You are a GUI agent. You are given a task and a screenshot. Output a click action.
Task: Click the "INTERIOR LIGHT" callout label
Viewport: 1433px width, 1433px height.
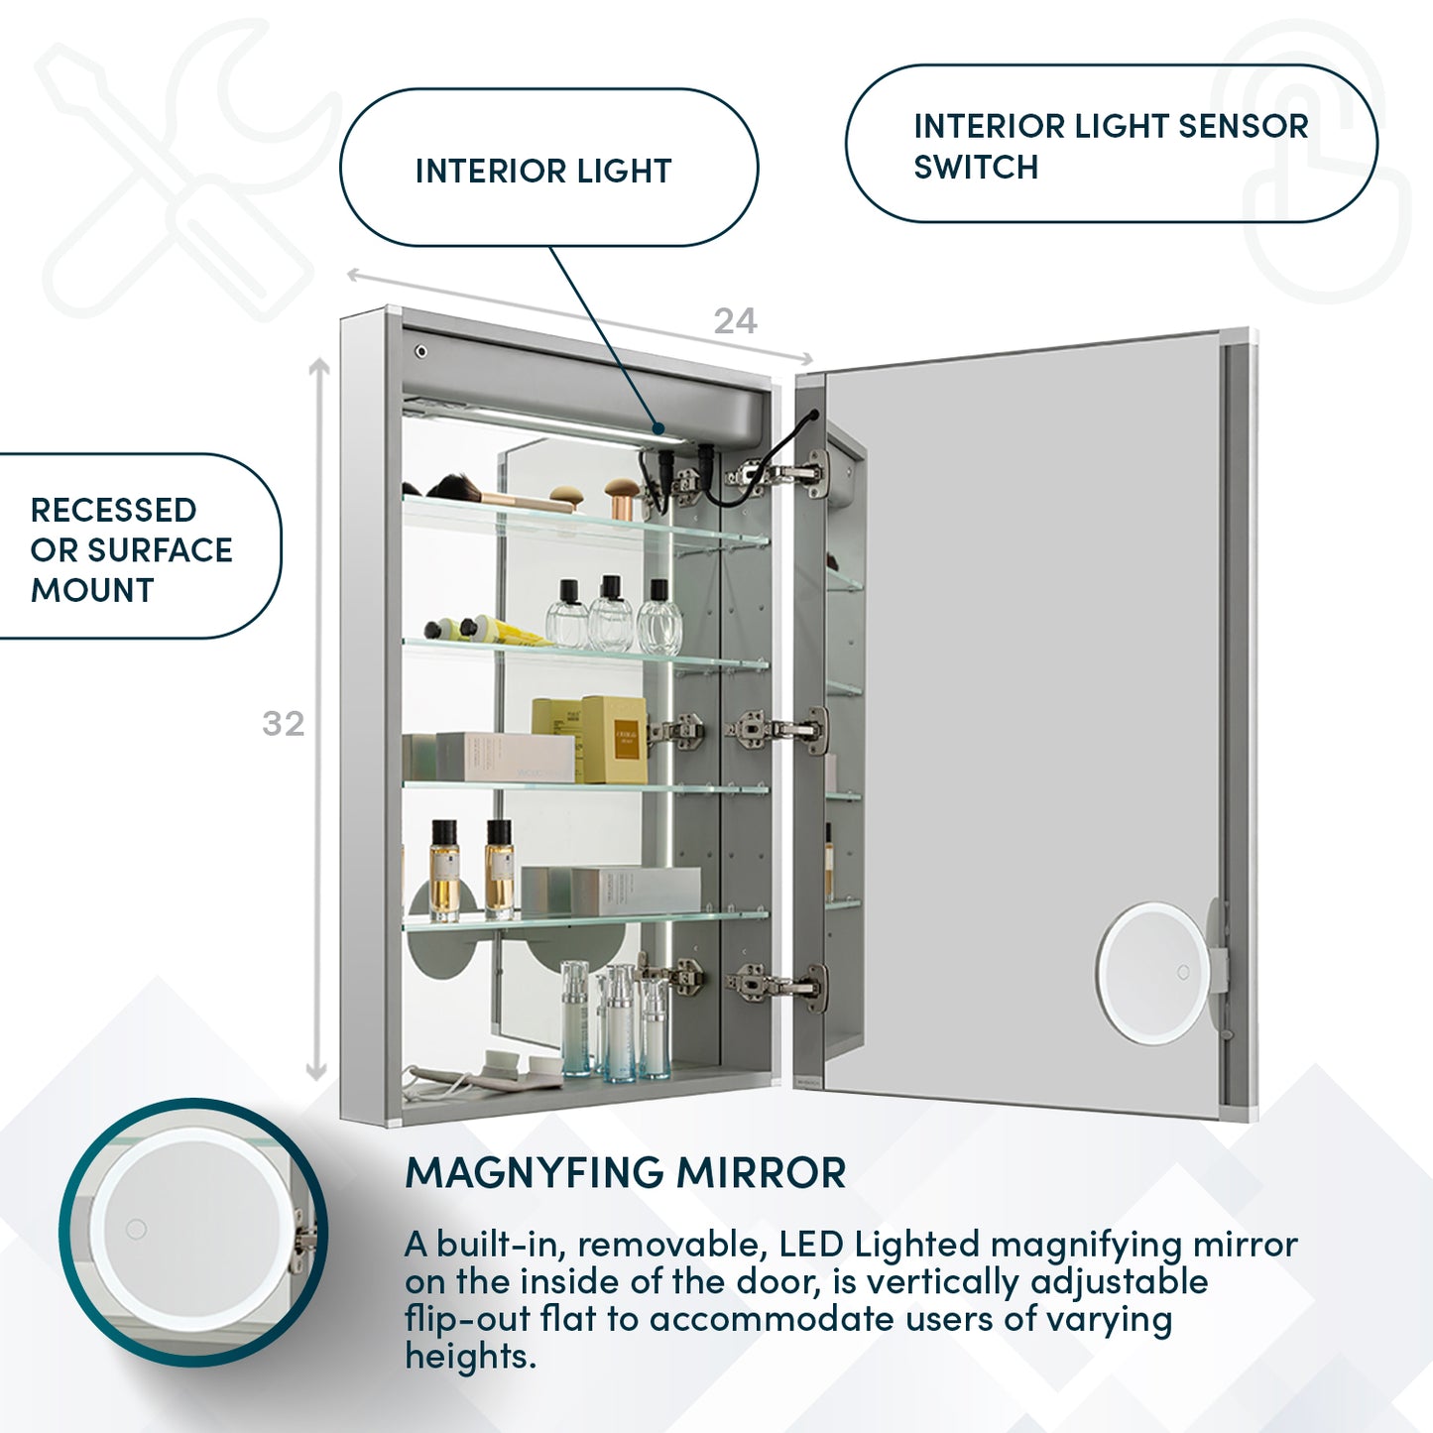(543, 171)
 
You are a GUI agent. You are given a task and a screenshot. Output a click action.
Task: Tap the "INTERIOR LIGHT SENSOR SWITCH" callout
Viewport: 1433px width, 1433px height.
(1110, 146)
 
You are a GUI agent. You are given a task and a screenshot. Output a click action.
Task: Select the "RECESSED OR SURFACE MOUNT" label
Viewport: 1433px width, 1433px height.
(131, 549)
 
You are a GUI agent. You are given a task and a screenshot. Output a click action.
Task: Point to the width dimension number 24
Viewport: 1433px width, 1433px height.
(735, 321)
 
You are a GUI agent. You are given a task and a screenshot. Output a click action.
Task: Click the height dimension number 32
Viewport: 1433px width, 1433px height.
(283, 724)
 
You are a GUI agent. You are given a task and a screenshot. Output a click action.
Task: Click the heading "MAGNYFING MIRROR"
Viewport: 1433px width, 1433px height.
(625, 1173)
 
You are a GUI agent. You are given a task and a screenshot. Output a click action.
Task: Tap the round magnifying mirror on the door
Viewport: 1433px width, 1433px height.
(1152, 973)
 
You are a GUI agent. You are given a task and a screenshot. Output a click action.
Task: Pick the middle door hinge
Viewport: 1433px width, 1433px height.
(778, 731)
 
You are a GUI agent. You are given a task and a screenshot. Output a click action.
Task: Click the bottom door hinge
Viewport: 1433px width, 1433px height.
(778, 984)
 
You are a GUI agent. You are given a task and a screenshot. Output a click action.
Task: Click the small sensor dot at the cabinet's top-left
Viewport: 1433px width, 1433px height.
(421, 352)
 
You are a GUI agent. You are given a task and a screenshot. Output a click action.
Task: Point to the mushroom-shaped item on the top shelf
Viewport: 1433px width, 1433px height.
(622, 496)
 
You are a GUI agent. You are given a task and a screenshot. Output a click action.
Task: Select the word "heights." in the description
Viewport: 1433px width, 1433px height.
(470, 1356)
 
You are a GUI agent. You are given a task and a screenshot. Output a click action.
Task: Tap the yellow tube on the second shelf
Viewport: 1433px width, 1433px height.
(511, 632)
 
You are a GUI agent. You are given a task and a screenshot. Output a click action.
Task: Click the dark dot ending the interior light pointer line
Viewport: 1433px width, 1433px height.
(659, 428)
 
